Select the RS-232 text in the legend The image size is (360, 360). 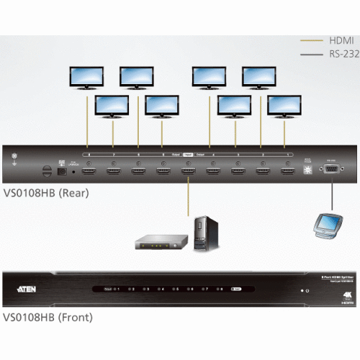click(338, 54)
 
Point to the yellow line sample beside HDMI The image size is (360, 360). click(309, 40)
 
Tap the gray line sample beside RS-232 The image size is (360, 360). click(309, 54)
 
